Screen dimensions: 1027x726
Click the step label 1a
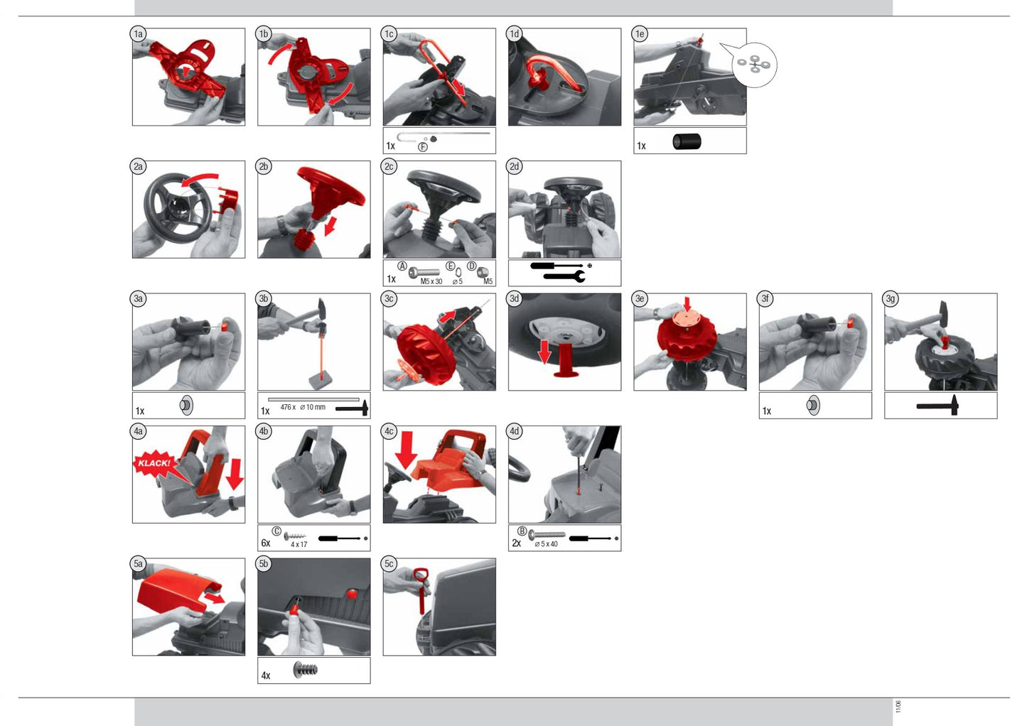138,34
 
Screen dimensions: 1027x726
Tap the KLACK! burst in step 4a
155,464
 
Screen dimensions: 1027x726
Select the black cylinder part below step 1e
687,141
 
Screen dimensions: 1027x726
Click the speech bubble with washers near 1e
753,64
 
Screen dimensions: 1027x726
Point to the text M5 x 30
431,281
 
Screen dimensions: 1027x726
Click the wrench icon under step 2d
564,276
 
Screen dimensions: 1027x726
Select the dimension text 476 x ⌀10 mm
303,407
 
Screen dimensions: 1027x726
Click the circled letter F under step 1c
423,146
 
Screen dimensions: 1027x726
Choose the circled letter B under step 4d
522,531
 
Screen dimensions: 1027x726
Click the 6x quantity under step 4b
266,543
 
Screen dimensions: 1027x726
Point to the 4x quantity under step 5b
266,676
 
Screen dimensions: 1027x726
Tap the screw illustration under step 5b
305,670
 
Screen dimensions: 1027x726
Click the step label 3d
515,299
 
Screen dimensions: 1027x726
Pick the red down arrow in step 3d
544,352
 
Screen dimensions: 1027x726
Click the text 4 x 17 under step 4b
299,544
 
